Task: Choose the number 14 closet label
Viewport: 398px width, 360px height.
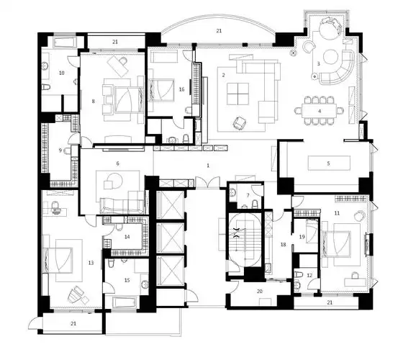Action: pyautogui.click(x=127, y=236)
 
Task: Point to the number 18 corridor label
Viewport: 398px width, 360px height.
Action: pyautogui.click(x=283, y=245)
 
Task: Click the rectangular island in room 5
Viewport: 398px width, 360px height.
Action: pyautogui.click(x=327, y=163)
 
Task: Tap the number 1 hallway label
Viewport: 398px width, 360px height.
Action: pyautogui.click(x=208, y=166)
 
